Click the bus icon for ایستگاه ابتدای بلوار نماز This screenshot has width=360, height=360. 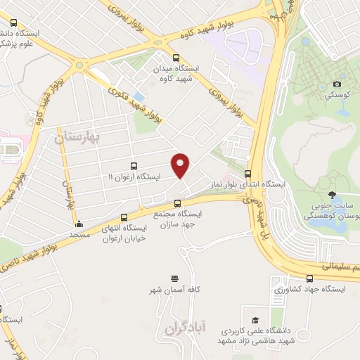(247, 173)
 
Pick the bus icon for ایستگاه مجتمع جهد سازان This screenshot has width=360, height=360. (176, 203)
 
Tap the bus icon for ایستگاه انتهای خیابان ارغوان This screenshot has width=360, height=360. (124, 217)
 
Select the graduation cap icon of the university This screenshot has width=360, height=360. (255, 319)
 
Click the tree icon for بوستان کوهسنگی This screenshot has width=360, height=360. (332, 195)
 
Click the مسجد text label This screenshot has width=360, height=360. (79, 234)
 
